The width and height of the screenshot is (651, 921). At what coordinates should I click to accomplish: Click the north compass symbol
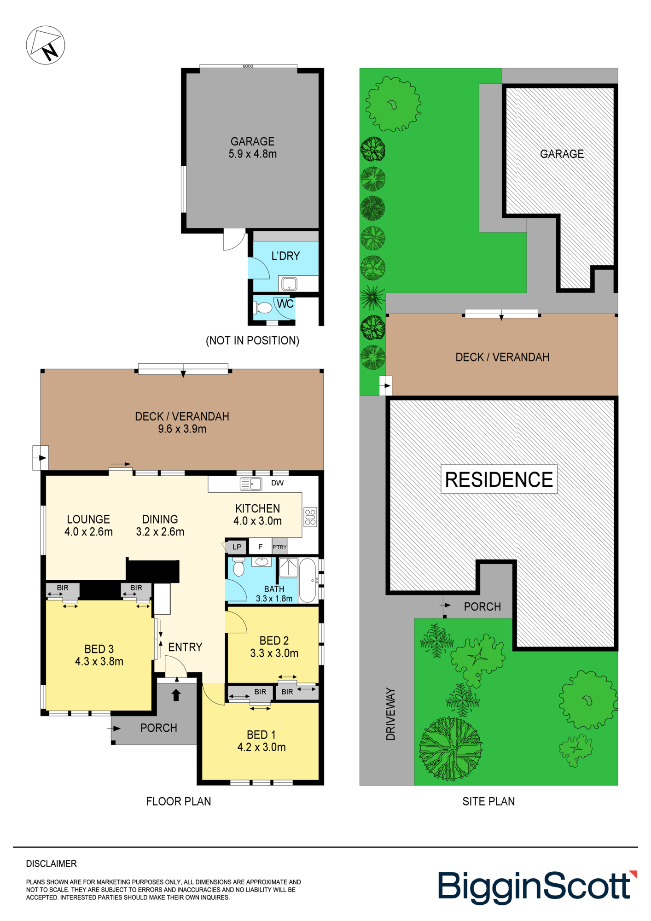(x=45, y=45)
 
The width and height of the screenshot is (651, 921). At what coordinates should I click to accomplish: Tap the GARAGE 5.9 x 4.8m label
(x=252, y=147)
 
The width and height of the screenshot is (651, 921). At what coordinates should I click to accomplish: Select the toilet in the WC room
(x=263, y=308)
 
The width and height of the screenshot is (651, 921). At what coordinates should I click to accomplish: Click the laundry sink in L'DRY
(x=289, y=283)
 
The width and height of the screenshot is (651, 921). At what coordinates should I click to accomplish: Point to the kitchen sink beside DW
(x=251, y=484)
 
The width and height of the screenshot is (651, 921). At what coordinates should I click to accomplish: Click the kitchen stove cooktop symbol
(x=310, y=517)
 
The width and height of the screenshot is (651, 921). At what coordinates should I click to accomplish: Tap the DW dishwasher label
(x=277, y=483)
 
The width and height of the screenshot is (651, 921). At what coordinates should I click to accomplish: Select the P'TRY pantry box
(x=279, y=547)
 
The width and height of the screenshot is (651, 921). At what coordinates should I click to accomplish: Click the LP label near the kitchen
(x=237, y=547)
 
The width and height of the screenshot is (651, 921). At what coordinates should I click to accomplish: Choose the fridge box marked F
(x=260, y=547)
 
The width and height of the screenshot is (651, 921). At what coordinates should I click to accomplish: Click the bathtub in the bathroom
(x=308, y=580)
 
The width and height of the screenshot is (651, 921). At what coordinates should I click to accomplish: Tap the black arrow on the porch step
(x=176, y=695)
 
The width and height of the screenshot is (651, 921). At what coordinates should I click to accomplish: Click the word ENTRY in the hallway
(x=185, y=647)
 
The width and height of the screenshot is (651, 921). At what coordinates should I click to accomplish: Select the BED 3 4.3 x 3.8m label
(x=99, y=655)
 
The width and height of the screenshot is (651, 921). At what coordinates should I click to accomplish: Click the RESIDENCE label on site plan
(x=499, y=479)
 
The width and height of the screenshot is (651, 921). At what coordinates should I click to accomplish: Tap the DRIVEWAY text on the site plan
(x=390, y=714)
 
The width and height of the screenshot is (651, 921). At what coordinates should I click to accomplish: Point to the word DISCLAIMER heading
(x=51, y=863)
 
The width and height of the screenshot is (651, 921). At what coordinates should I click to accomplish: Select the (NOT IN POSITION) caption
(x=252, y=340)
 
